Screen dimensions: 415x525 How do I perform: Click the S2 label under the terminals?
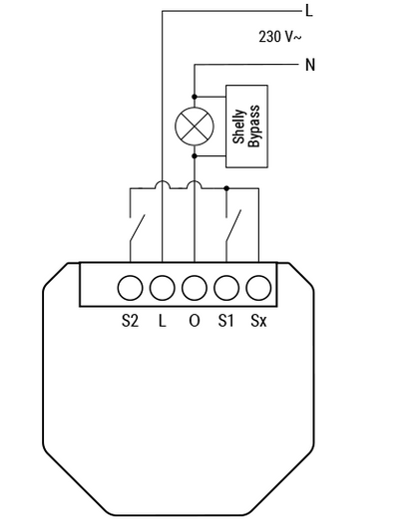pos(130,321)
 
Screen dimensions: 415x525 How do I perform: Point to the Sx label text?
pos(258,321)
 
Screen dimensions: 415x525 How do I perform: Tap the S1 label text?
pos(225,321)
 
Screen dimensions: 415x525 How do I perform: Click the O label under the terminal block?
pos(195,321)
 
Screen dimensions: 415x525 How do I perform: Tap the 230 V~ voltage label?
pos(280,37)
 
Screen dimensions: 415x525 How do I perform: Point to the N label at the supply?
pos(310,65)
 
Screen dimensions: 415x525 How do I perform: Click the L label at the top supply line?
pos(309,11)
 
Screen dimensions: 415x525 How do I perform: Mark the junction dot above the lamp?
pos(195,97)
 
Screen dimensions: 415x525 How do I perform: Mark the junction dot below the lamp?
pos(195,156)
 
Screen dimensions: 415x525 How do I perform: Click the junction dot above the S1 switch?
pos(226,188)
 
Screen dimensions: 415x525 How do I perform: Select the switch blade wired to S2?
pos(138,228)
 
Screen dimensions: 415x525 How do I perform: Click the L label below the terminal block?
pos(163,321)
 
